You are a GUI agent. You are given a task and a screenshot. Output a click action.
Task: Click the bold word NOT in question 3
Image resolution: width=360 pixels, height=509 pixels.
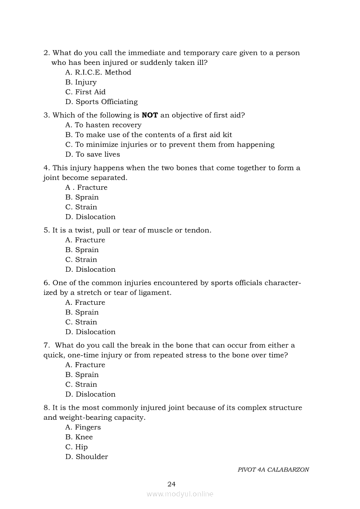click(149, 115)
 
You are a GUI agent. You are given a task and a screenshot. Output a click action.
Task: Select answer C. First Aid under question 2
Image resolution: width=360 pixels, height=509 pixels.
click(85, 92)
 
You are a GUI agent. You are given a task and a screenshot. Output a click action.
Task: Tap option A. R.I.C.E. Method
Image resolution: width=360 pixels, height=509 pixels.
click(98, 72)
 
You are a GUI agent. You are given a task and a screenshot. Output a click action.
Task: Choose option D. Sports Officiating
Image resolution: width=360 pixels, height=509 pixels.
click(102, 102)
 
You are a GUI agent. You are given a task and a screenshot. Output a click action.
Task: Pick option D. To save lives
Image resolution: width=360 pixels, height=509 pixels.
click(92, 155)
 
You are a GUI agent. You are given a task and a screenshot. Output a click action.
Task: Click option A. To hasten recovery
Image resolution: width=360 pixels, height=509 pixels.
click(103, 125)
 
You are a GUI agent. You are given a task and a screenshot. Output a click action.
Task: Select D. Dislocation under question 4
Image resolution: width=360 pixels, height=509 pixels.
click(90, 217)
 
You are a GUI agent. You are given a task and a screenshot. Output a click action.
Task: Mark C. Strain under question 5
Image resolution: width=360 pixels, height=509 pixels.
click(81, 260)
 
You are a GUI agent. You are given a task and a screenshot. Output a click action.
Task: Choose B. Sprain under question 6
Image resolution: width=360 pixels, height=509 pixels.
click(82, 312)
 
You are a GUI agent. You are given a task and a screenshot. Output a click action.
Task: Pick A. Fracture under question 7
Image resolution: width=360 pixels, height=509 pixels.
click(85, 365)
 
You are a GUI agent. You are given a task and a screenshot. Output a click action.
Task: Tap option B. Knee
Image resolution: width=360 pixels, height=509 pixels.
click(79, 437)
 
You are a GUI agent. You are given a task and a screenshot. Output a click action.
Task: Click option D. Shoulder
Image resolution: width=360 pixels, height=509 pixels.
click(87, 457)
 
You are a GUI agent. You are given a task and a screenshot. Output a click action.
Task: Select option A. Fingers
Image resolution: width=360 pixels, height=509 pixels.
click(83, 427)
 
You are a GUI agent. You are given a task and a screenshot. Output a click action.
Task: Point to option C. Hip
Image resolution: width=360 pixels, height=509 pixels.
click(76, 447)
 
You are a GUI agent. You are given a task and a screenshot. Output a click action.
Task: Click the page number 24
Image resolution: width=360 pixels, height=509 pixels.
click(171, 484)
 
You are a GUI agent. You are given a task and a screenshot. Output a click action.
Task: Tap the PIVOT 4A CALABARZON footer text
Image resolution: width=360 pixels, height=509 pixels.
click(273, 470)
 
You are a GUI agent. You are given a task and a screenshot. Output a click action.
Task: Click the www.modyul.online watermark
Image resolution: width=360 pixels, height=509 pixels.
click(180, 494)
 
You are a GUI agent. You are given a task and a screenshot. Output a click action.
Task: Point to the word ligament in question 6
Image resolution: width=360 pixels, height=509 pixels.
click(155, 293)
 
